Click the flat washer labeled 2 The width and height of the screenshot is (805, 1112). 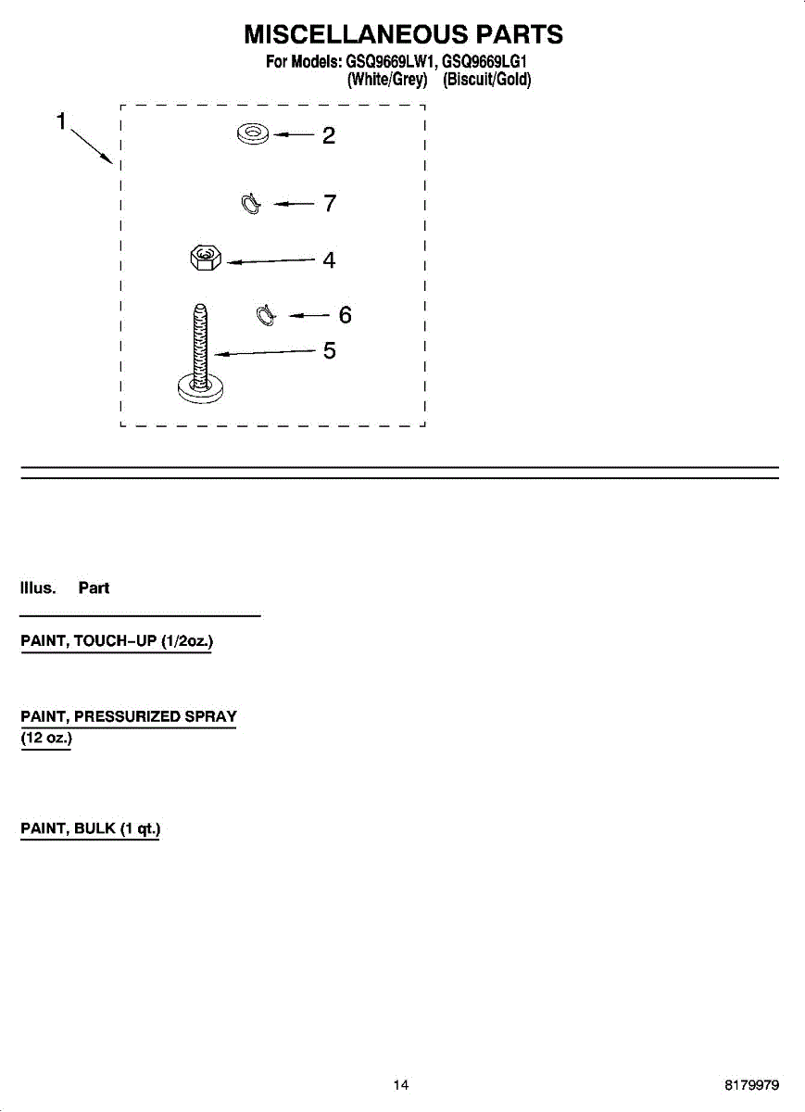[253, 134]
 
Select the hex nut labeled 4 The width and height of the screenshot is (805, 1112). [206, 258]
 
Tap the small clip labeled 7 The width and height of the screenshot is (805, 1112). [251, 204]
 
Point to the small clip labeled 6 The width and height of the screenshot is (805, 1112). [266, 315]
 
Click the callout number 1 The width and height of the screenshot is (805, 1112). [61, 121]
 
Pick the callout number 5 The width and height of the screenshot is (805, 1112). [330, 350]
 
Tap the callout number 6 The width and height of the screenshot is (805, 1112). [345, 315]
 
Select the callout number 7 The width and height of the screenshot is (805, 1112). [330, 203]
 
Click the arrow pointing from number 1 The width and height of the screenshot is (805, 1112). [92, 146]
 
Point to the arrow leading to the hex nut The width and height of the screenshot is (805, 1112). [271, 260]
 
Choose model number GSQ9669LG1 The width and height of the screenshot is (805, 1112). [484, 62]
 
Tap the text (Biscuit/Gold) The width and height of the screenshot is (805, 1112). [487, 80]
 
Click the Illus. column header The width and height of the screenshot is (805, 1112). [38, 588]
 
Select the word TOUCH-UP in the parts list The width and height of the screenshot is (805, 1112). [115, 641]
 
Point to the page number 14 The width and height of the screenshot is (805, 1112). [401, 1085]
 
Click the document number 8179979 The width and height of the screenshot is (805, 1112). [752, 1085]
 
